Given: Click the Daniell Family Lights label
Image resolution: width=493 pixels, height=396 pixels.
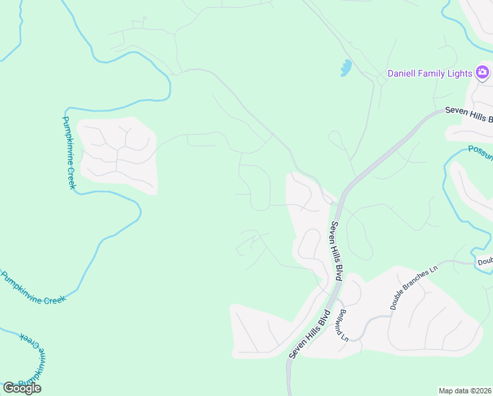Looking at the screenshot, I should point(429,73).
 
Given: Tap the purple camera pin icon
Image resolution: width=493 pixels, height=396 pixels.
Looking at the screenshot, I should point(482,72).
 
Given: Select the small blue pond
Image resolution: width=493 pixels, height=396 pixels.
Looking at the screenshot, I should point(345,67).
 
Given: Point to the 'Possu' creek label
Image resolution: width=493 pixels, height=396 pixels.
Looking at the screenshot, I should point(480,153).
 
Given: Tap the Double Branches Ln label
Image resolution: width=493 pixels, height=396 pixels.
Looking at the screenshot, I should point(414,288).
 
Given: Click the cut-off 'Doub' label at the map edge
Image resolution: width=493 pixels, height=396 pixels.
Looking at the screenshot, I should point(485,262).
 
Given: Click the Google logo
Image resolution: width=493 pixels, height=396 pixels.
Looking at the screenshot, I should point(22,388).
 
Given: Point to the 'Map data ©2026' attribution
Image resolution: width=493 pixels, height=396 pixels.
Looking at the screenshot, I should point(465,391).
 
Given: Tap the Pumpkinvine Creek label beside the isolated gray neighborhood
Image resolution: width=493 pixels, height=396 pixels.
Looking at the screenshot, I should point(69,152).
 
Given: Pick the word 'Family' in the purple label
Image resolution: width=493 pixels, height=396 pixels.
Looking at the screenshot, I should point(433,73).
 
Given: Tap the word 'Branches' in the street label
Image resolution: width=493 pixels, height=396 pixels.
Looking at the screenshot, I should point(416,286).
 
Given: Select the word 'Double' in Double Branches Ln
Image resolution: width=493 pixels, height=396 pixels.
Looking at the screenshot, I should point(397,300).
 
